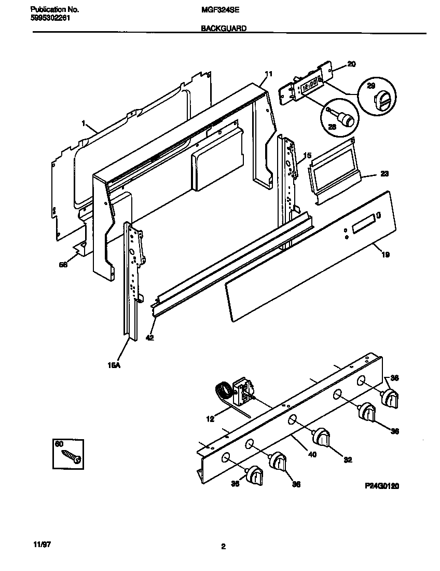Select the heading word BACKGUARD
(224, 30)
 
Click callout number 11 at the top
(268, 74)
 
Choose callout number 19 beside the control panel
(386, 254)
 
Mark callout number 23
(384, 174)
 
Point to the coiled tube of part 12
(223, 389)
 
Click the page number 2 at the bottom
(223, 546)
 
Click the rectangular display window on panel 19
(363, 224)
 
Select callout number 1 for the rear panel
(82, 124)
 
